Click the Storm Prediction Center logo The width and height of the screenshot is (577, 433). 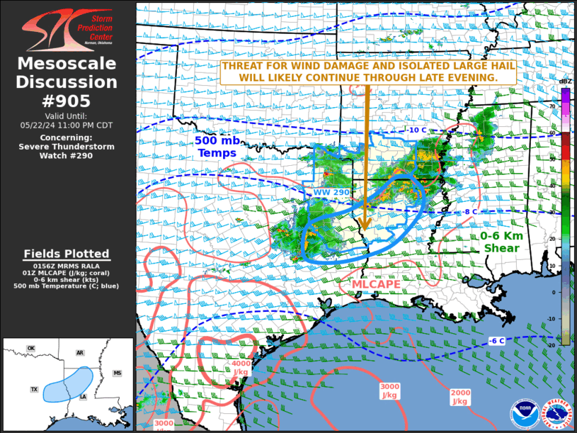coord(67,30)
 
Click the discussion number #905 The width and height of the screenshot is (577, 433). coord(67,101)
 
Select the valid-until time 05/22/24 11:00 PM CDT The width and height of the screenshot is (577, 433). coord(67,125)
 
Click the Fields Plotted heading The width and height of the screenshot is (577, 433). coord(67,254)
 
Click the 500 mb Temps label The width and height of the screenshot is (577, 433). coord(217,147)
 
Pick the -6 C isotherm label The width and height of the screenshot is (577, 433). coord(496,341)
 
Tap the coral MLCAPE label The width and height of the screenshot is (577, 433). coord(377,284)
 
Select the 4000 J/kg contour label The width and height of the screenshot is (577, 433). coord(241,367)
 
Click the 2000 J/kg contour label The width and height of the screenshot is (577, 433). coord(460,397)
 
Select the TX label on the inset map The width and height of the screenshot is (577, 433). coord(34,390)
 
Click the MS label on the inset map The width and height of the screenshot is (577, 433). coord(118,373)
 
